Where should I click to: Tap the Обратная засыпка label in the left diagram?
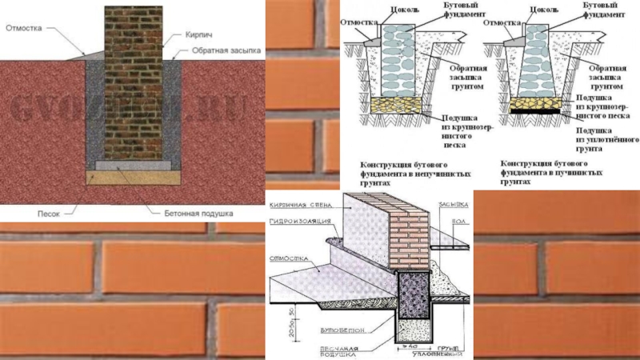pyautogui.click(x=226, y=50)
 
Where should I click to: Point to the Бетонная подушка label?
pyautogui.click(x=199, y=214)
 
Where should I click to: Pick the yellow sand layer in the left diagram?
pyautogui.click(x=131, y=176)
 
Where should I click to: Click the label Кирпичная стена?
pyautogui.click(x=300, y=204)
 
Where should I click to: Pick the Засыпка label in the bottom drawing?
pyautogui.click(x=451, y=204)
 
